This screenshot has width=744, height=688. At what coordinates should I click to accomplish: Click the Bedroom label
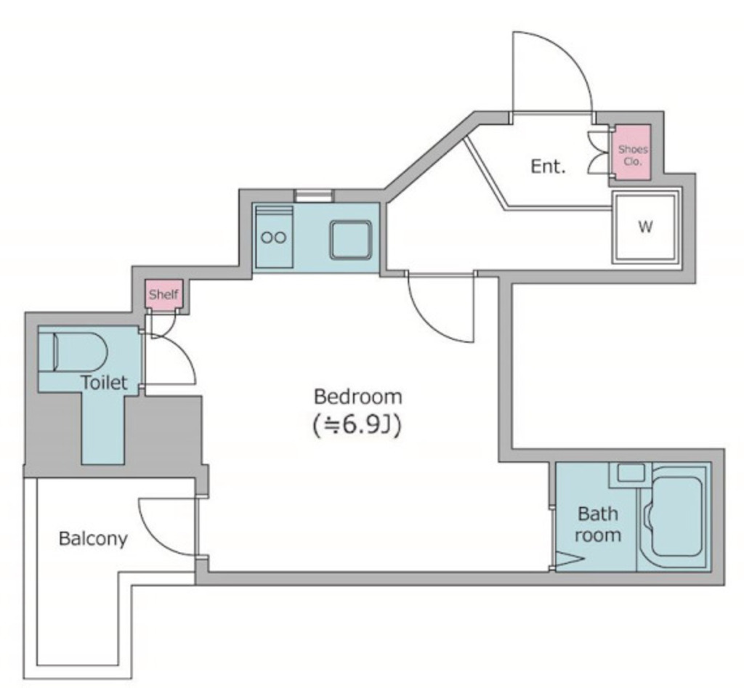[x=357, y=397]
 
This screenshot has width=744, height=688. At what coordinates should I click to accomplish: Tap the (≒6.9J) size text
[x=357, y=426]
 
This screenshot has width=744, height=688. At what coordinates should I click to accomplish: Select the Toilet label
[x=105, y=382]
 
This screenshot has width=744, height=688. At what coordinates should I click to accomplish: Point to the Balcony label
[x=93, y=539]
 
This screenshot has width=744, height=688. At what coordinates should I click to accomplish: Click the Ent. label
[x=548, y=166]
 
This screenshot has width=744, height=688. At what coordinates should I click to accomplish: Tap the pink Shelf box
[x=163, y=294]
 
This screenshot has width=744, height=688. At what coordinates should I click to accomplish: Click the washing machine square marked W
[x=645, y=227]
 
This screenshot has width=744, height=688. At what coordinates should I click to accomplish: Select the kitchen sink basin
[x=351, y=240]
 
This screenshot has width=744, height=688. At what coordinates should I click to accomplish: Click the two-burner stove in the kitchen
[x=274, y=237]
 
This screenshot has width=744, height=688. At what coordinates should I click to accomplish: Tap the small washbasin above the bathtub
[x=630, y=473]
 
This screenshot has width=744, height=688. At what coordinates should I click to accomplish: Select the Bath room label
[x=598, y=525]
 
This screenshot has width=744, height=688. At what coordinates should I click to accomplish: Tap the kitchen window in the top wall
[x=314, y=195]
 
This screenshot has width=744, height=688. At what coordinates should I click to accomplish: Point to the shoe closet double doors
[x=598, y=153]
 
